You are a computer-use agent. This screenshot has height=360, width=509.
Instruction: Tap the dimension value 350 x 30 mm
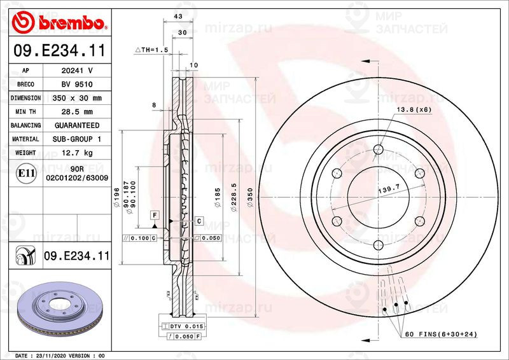[76, 99]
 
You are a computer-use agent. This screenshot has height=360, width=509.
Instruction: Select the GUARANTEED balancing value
[76, 125]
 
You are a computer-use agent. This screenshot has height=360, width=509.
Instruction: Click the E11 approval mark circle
[26, 172]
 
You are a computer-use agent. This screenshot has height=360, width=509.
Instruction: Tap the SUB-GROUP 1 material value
[76, 139]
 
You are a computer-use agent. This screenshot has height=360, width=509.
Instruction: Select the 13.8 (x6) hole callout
[414, 110]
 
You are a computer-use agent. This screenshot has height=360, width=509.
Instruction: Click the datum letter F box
[154, 215]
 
